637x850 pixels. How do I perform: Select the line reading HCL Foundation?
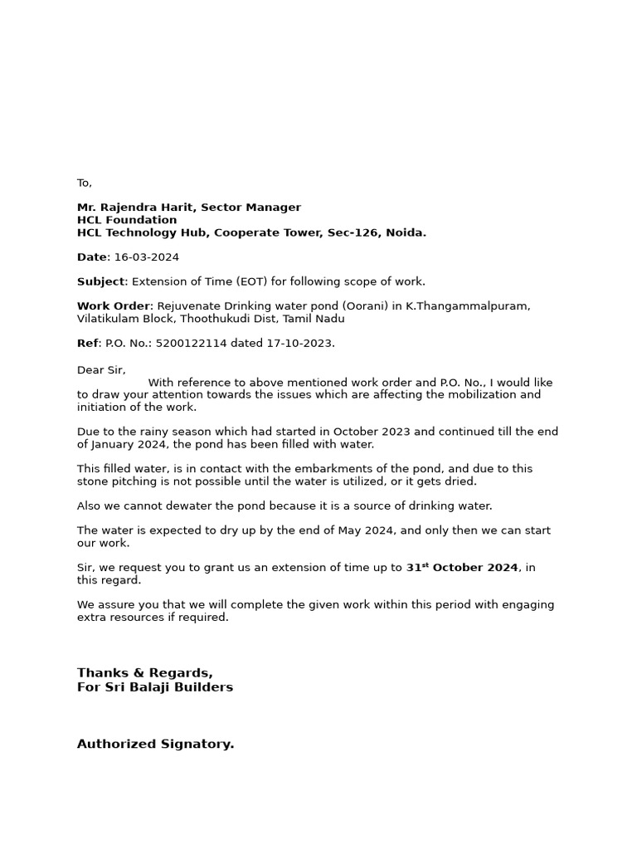click(127, 220)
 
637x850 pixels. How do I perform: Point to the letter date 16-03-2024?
click(147, 257)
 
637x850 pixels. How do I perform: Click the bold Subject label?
click(100, 281)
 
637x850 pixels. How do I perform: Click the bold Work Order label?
click(114, 306)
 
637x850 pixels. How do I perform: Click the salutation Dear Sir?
click(100, 370)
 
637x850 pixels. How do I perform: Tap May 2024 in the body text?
click(363, 530)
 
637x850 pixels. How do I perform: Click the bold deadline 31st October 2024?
click(462, 568)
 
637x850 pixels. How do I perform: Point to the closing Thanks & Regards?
click(145, 673)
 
